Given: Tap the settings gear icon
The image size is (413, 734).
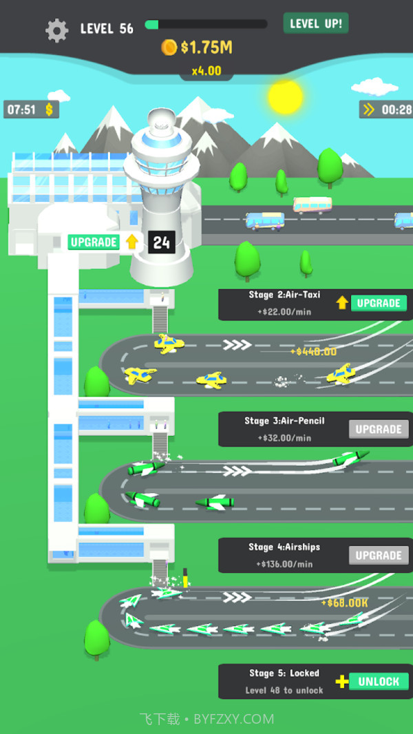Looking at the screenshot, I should (56, 30).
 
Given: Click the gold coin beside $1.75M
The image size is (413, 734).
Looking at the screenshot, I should (169, 47).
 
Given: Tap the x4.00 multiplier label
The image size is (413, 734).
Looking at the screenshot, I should (206, 70).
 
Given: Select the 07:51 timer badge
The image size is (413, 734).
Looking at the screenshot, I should (31, 109).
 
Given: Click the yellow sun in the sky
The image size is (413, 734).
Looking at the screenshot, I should (285, 96).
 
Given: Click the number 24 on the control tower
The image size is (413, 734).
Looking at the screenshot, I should (162, 242).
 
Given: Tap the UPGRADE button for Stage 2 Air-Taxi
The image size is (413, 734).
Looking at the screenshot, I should (378, 303).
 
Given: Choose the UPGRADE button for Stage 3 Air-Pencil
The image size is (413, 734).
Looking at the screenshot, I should (378, 429).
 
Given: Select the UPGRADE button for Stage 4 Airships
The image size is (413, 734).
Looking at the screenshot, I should (378, 555).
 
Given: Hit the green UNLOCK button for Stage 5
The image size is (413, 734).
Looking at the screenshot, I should (378, 682).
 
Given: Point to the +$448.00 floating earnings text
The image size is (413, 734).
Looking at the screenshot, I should (313, 351).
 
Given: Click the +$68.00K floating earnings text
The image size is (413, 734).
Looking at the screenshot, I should (345, 603).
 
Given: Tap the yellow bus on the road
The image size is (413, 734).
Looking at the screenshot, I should (313, 205).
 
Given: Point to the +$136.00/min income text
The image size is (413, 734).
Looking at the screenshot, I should (284, 564).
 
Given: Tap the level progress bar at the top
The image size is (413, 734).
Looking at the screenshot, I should (206, 25).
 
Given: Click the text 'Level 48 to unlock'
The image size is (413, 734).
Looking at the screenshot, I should (284, 690).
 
